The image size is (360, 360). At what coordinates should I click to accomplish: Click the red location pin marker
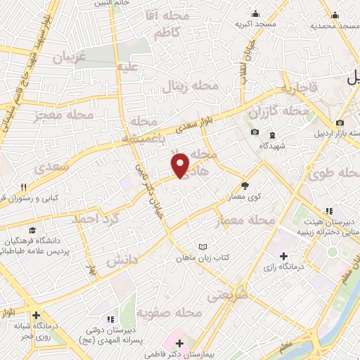[x=181, y=165]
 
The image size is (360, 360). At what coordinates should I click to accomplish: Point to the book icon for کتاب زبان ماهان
[x=204, y=247]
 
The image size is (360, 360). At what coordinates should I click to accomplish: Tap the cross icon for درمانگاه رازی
[x=283, y=256]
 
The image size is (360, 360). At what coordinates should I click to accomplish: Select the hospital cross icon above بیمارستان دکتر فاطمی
[x=180, y=343]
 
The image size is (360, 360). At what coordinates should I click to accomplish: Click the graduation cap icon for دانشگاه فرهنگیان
[x=32, y=229]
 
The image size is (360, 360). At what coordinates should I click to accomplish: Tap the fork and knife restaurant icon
[x=25, y=187]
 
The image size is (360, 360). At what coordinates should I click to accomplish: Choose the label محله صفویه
[x=169, y=311]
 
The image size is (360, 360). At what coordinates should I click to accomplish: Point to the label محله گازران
[x=271, y=112]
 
